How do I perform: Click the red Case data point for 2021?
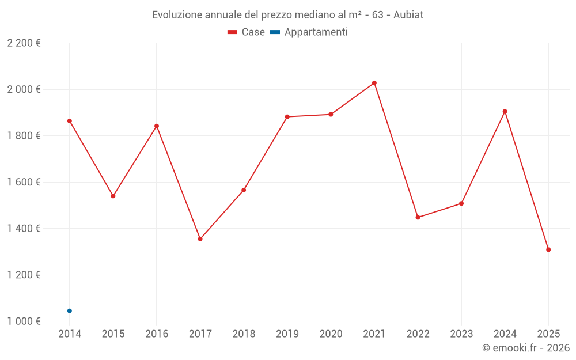(x=374, y=83)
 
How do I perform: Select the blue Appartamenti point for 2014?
(x=70, y=311)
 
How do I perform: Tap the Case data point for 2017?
(x=200, y=238)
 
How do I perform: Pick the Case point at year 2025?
(x=548, y=249)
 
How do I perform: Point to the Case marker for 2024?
(x=505, y=111)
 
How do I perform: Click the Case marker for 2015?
(x=113, y=196)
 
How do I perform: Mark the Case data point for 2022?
(x=418, y=217)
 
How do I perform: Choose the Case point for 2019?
(x=287, y=117)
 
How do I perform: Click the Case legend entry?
(x=247, y=32)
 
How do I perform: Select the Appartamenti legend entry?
(x=309, y=32)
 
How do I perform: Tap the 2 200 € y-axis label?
(x=24, y=43)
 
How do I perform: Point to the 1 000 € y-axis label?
(x=24, y=321)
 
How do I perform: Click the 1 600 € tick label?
(x=24, y=182)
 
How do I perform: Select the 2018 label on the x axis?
(x=244, y=334)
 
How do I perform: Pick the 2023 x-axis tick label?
(x=461, y=334)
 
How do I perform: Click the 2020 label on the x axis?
(x=331, y=334)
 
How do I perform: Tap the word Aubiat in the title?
(x=408, y=15)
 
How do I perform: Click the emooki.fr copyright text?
(x=525, y=348)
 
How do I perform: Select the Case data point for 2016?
(x=157, y=126)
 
